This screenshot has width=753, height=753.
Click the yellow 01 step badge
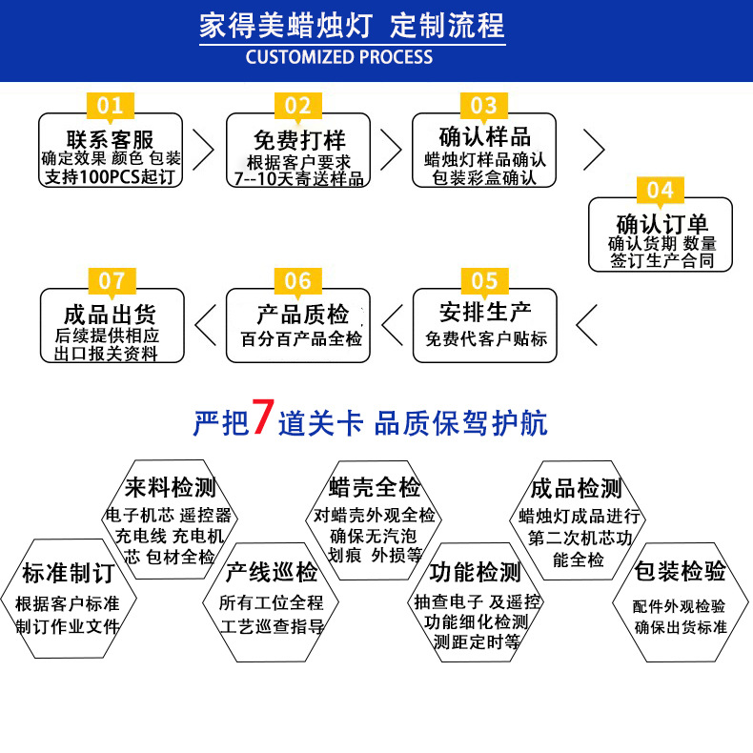pos(111,105)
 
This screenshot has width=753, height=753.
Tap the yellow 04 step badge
pos(660,189)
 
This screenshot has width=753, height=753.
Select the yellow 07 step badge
pos(112,280)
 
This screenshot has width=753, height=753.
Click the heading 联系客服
pos(111,138)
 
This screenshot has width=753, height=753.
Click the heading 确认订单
pos(661,224)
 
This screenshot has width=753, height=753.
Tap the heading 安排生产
pos(485,312)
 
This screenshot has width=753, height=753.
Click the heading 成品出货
pos(111,314)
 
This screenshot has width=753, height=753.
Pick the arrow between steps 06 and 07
pos(205,325)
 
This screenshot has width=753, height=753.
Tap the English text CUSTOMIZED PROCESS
pos(339,56)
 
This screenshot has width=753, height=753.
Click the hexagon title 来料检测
pos(172,489)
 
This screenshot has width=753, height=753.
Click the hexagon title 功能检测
pos(475,572)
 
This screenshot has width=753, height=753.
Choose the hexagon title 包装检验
pos(681,571)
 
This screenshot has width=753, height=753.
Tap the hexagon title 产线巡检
pos(272,572)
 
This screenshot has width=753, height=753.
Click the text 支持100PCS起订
pos(111,177)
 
